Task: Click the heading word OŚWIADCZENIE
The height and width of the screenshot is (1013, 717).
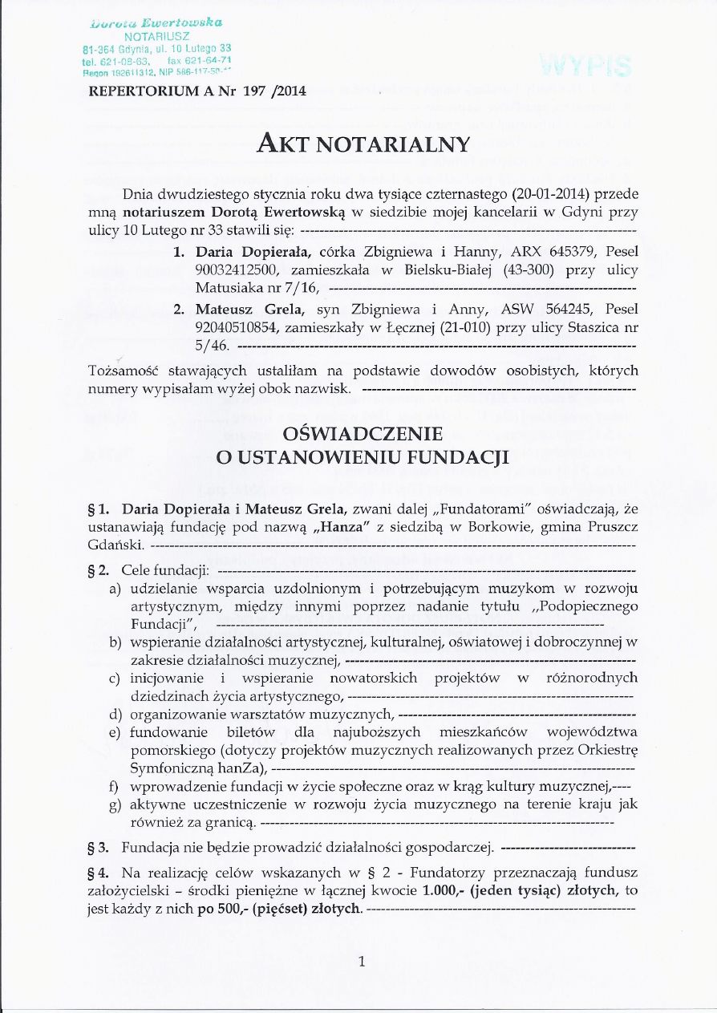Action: [x=363, y=435]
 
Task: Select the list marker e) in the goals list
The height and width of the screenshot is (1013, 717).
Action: [x=115, y=732]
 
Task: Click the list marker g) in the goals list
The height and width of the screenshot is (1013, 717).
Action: [x=115, y=804]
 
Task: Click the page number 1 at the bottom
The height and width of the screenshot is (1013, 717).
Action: [x=362, y=962]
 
